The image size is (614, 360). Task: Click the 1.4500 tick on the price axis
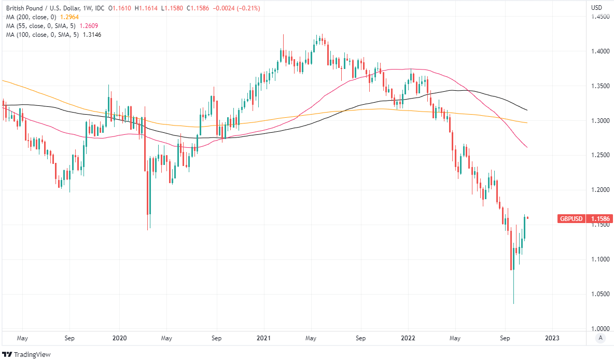(600, 17)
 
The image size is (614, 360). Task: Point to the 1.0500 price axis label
(600, 294)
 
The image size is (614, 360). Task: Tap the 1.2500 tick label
(600, 156)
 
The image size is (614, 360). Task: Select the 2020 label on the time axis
(119, 338)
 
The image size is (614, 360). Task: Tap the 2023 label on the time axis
(553, 338)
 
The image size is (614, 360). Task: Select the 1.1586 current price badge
(601, 219)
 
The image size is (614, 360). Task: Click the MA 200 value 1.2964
(72, 17)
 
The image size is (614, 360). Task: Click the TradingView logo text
(32, 354)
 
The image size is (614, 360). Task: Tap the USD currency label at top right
(596, 8)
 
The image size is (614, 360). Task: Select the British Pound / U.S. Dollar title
(44, 8)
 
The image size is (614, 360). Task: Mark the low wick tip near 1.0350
(513, 304)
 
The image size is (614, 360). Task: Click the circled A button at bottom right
(600, 338)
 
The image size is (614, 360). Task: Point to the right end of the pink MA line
(527, 148)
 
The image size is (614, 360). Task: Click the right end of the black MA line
(527, 110)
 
